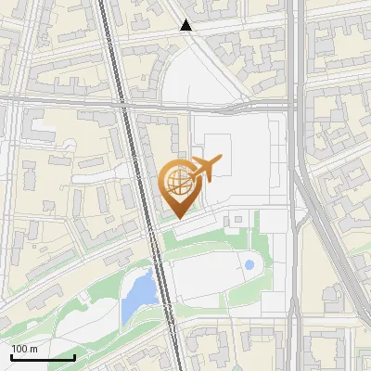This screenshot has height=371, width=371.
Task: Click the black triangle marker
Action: click(186, 26)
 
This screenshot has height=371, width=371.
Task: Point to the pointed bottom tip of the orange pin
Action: click(177, 218)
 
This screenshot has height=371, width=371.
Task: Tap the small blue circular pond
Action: click(249, 265)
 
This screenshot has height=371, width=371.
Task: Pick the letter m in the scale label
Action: click(34, 349)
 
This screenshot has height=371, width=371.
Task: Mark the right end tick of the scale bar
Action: click(74, 355)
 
